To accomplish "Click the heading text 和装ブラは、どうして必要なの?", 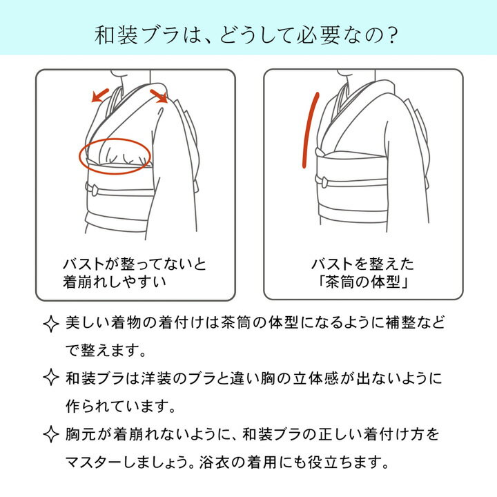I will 248,34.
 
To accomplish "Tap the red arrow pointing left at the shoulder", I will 101,95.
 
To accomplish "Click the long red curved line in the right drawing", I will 309,129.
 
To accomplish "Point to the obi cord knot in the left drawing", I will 93,188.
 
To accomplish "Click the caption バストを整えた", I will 363,265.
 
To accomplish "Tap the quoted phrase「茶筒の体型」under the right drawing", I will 363,282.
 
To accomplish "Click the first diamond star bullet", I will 50,324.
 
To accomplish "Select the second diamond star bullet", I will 50,378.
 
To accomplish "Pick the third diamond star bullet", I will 50,434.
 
